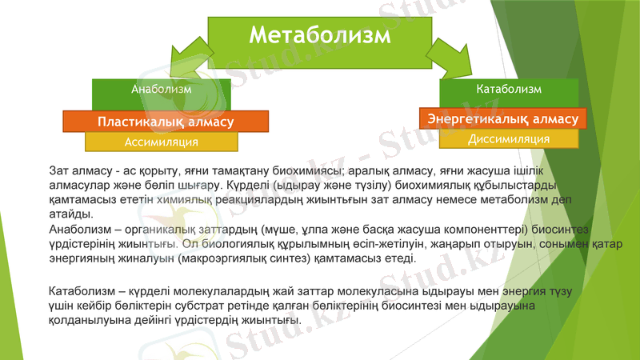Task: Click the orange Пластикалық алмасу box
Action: pos(166,122)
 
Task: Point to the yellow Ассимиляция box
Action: pos(162,142)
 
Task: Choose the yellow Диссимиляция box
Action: pos(509,138)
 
